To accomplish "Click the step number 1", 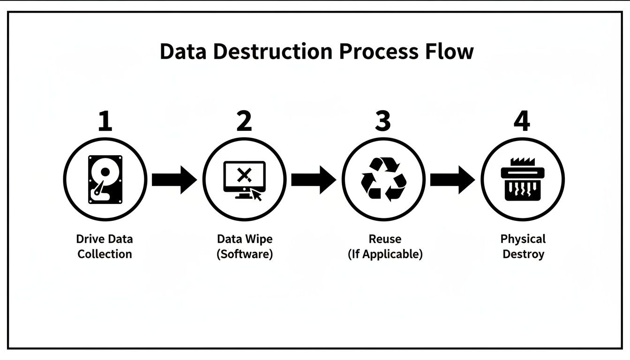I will pyautogui.click(x=105, y=121).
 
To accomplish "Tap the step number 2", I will pyautogui.click(x=244, y=121).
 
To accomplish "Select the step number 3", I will pyautogui.click(x=383, y=121).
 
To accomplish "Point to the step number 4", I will pyautogui.click(x=522, y=121).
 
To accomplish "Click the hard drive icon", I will pyautogui.click(x=105, y=179).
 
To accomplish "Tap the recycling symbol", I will pyautogui.click(x=383, y=179).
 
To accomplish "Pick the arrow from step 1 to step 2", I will pyautogui.click(x=174, y=179).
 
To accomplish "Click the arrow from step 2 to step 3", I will pyautogui.click(x=313, y=179).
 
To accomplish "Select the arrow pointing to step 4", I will pyautogui.click(x=452, y=179).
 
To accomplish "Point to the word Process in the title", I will pyautogui.click(x=378, y=51).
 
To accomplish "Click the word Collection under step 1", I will pyautogui.click(x=105, y=255).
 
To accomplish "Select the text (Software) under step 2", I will pyautogui.click(x=244, y=255).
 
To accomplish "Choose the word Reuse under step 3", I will pyautogui.click(x=385, y=239).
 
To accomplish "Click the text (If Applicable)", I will pyautogui.click(x=385, y=255).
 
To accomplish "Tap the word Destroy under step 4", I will pyautogui.click(x=523, y=255).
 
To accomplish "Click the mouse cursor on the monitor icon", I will pyautogui.click(x=256, y=194).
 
